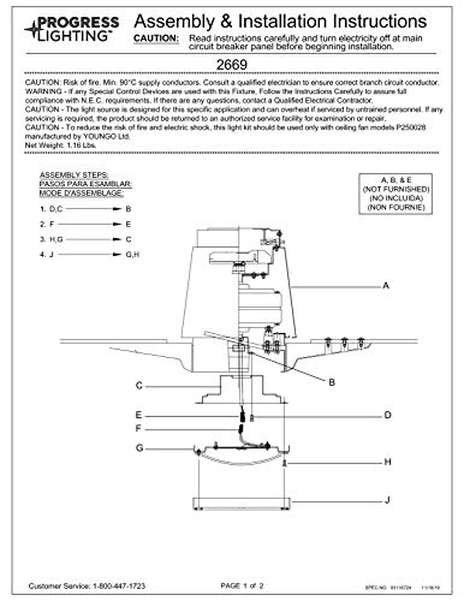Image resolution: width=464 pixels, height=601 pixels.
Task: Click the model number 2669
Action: point(231,65)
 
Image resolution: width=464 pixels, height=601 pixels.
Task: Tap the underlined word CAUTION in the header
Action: point(156,39)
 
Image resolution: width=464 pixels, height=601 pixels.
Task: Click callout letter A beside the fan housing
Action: point(386,286)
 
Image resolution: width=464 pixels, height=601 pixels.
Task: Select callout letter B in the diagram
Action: point(331,382)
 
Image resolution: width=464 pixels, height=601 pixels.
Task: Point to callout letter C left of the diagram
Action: point(139,386)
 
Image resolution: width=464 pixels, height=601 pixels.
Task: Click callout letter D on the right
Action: point(387,415)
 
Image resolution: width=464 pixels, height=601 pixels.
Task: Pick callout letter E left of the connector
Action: point(139,415)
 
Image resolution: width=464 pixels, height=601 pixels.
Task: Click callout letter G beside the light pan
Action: point(139,448)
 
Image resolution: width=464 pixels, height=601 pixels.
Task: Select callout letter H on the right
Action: point(387,462)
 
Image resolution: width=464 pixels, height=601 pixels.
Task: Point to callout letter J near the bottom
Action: point(387,500)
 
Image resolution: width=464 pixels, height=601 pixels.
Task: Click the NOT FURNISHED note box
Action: point(396,193)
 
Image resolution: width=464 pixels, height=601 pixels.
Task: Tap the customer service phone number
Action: point(119,586)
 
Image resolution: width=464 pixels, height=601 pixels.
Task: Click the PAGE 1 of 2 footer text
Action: point(242,586)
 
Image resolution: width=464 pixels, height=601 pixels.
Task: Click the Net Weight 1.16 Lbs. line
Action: point(61,145)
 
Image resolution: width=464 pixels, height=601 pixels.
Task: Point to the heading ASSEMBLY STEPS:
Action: point(74,175)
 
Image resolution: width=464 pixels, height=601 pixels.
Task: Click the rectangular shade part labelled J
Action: point(241,504)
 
